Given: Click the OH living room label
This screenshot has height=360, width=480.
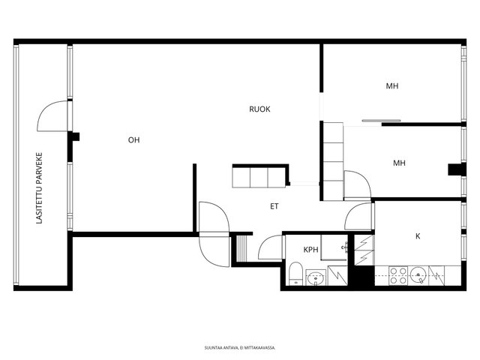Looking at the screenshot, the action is [x=133, y=140].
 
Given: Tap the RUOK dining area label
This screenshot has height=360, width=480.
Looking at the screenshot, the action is [x=259, y=109].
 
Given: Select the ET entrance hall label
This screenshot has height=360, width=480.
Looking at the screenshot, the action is [x=274, y=206].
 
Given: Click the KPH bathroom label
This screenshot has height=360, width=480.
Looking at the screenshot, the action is [x=310, y=250].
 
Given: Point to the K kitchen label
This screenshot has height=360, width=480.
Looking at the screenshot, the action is [x=418, y=236].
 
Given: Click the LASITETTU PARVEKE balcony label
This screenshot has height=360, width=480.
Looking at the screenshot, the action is [x=39, y=188].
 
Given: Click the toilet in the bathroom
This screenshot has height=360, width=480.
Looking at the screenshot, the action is [x=295, y=273].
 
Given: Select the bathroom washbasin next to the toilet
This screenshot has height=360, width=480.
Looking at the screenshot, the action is [x=316, y=277].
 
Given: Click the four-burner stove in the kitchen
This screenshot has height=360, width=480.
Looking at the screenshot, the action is [x=398, y=275].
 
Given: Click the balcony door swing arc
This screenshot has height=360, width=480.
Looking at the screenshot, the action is [x=45, y=109].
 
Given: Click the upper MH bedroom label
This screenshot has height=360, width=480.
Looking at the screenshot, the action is [x=391, y=86].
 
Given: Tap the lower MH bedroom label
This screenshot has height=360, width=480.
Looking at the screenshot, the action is [x=399, y=163].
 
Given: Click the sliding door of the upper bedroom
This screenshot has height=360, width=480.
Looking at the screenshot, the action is [x=381, y=121].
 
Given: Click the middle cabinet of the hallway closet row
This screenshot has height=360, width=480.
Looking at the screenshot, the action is [x=259, y=178].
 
